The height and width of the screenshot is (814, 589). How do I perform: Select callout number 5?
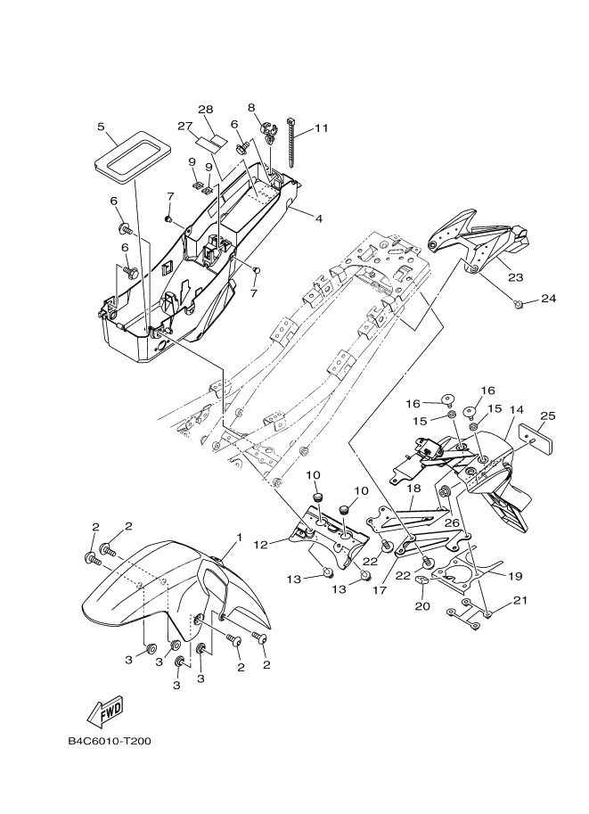(x=101, y=127)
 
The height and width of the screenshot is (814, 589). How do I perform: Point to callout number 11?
(x=321, y=127)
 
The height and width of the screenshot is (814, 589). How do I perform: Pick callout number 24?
(x=547, y=299)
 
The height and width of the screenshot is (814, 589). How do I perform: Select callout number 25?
(x=548, y=415)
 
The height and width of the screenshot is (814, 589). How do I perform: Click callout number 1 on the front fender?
(x=239, y=538)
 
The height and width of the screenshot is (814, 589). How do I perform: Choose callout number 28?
(x=205, y=109)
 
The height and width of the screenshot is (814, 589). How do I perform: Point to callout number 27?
(x=185, y=125)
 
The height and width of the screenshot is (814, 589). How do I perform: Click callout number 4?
(x=318, y=216)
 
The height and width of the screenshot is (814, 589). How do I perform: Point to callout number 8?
(x=251, y=107)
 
